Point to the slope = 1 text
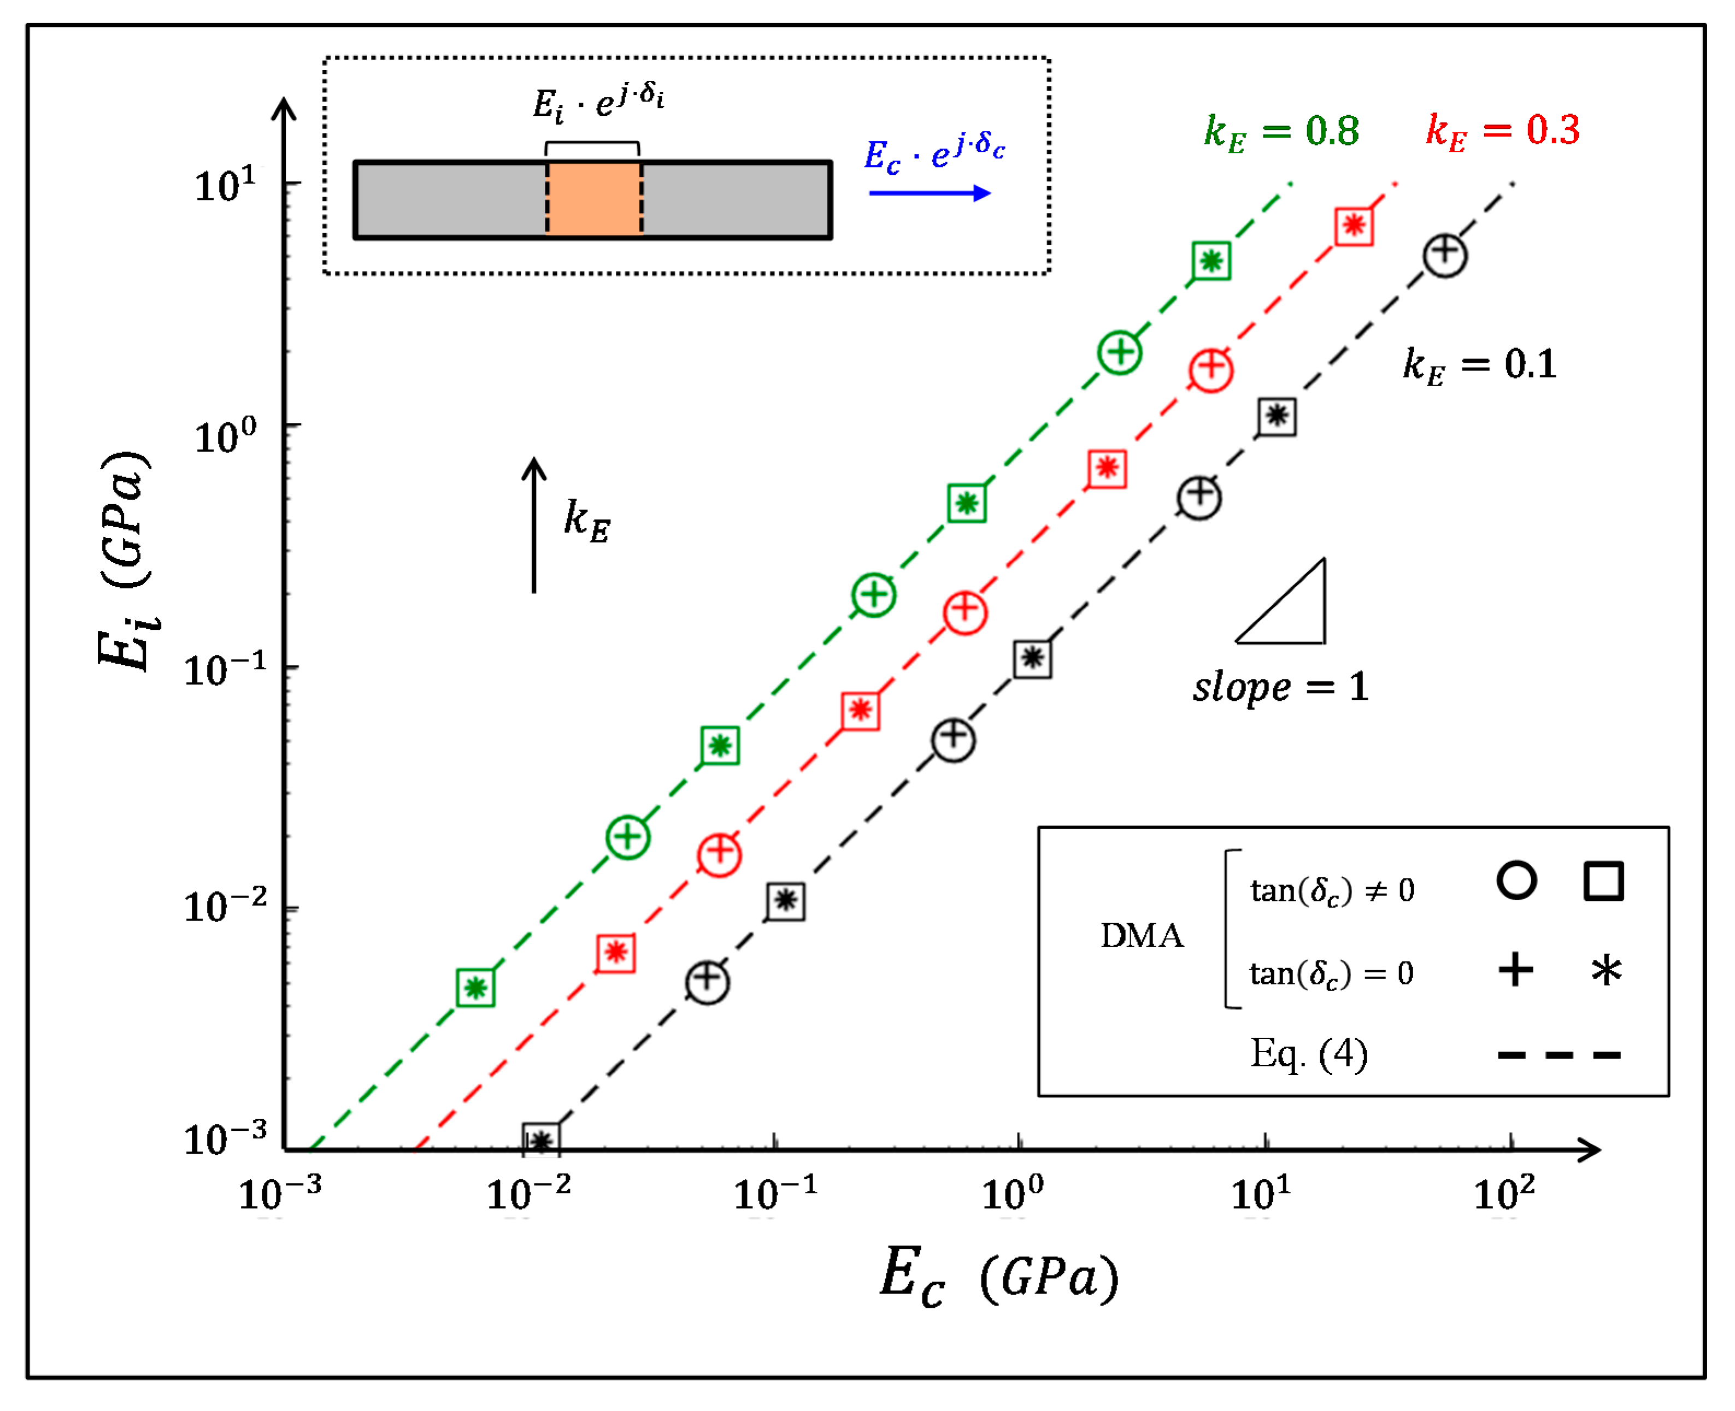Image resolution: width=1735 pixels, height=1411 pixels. (1280, 688)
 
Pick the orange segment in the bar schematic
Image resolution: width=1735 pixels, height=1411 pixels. (593, 200)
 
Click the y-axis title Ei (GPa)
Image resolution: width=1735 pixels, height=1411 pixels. (126, 561)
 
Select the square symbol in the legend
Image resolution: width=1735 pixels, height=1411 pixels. (1603, 881)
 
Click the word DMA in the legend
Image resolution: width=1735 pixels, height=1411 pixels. (1142, 936)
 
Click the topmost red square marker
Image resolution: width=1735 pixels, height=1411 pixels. (1354, 226)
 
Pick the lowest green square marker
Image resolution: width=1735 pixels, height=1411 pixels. (475, 988)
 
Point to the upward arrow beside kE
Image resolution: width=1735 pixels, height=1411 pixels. (533, 525)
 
